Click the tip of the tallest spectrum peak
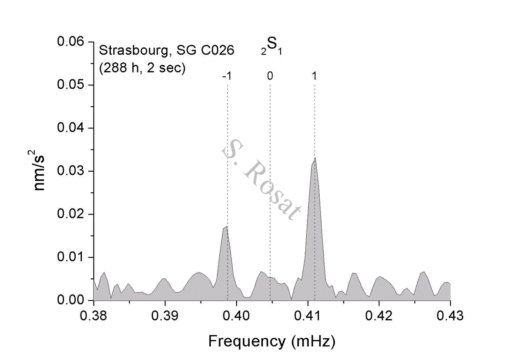(x=315, y=158)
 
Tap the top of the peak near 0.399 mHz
(x=227, y=227)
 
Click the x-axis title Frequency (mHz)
(x=272, y=342)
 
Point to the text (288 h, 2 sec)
(x=142, y=68)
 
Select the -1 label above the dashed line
(x=227, y=76)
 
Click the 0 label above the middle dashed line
(x=270, y=76)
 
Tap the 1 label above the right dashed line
(x=314, y=76)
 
